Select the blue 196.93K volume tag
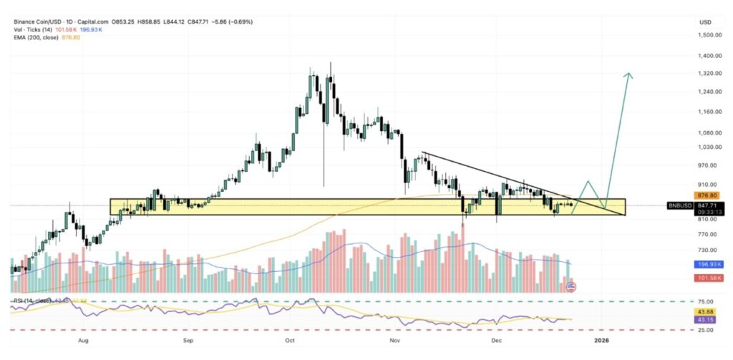[x=708, y=264]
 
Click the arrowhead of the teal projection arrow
[x=629, y=74]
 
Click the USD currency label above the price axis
[x=704, y=22]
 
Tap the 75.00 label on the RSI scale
[x=707, y=302]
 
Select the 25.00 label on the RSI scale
[x=707, y=331]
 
